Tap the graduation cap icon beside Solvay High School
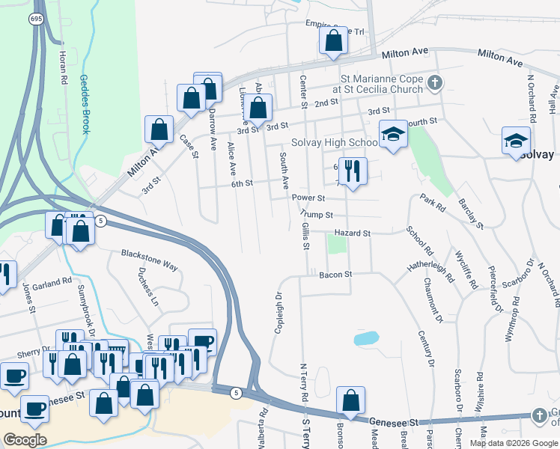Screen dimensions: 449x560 [393, 135]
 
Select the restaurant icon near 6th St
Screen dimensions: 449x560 [351, 171]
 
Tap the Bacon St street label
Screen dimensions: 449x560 [335, 275]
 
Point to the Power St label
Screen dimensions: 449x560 [308, 198]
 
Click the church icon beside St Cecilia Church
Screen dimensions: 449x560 [434, 82]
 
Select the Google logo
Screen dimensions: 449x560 [25, 439]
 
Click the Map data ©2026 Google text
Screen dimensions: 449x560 [512, 443]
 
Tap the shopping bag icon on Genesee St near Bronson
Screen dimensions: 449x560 [350, 400]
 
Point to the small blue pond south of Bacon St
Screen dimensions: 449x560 [366, 338]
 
